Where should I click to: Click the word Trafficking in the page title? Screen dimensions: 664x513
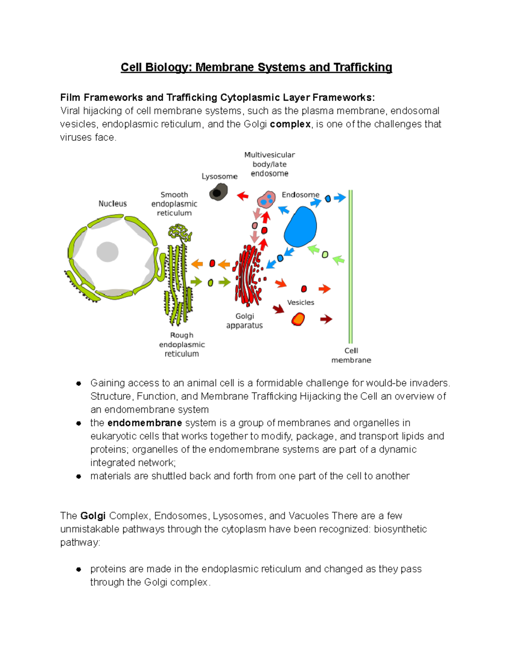click(363, 68)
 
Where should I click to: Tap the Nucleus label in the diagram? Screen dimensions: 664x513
click(112, 204)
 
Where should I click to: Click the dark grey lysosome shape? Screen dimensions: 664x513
click(218, 192)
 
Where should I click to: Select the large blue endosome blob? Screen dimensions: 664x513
click(301, 227)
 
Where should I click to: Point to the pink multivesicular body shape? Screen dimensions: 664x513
click(266, 199)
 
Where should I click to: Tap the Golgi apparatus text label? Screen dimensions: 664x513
click(245, 321)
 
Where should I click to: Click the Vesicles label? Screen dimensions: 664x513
click(301, 303)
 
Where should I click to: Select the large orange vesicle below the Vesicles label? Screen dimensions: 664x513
click(298, 319)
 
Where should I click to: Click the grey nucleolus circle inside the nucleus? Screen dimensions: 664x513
click(107, 251)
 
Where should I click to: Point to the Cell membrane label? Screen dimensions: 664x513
click(351, 355)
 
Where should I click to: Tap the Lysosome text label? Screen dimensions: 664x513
click(219, 177)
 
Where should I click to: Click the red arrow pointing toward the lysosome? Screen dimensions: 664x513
click(243, 196)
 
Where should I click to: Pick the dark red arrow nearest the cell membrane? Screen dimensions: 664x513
click(326, 319)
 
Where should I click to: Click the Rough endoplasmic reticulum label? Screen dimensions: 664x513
click(182, 345)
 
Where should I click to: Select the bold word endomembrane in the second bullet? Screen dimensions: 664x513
click(144, 423)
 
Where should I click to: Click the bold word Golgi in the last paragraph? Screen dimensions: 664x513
click(93, 516)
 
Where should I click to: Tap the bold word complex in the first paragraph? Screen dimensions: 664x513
click(290, 124)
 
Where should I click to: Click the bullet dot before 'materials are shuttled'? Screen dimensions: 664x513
click(79, 476)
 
